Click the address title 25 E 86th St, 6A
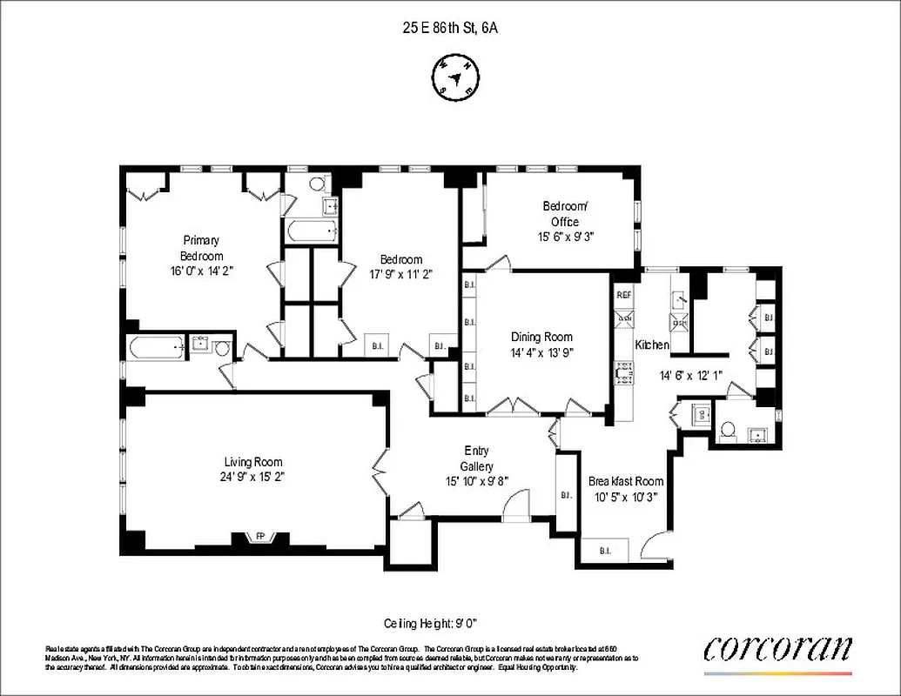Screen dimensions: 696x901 (449, 28)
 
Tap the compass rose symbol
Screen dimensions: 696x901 (454, 76)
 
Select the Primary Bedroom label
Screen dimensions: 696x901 (201, 248)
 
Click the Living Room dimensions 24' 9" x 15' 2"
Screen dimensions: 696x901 (253, 477)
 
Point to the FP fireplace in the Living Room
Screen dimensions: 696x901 (259, 536)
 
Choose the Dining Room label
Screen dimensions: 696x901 (541, 337)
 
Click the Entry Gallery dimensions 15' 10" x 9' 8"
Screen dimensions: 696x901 (476, 480)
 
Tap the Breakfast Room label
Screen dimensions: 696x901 (626, 481)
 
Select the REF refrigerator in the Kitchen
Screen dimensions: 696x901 (624, 295)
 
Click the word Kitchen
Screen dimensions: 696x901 (652, 345)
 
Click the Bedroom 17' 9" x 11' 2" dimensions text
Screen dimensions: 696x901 (400, 274)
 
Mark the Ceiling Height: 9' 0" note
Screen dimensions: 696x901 (431, 623)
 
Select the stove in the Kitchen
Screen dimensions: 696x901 (624, 375)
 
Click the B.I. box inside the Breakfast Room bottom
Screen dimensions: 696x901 (607, 550)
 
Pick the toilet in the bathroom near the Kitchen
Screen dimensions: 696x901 (728, 429)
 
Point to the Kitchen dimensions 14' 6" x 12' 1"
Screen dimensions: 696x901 (690, 376)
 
